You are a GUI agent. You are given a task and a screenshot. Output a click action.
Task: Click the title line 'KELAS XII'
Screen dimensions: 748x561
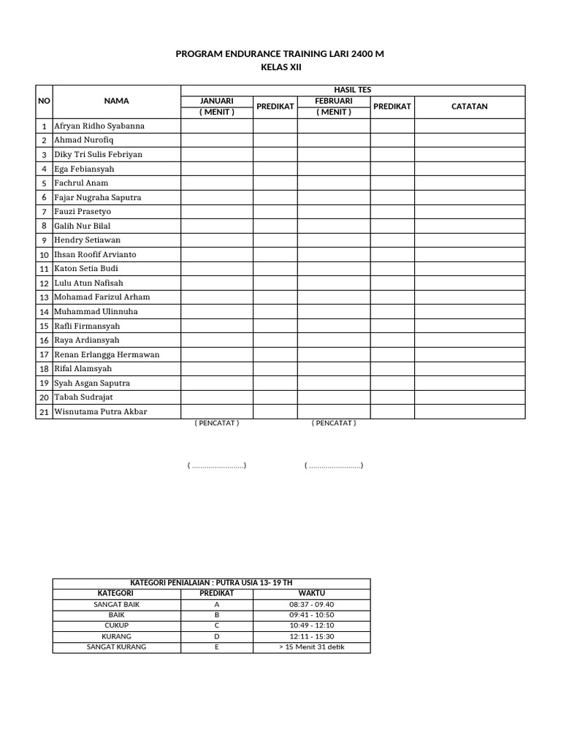pyautogui.click(x=280, y=67)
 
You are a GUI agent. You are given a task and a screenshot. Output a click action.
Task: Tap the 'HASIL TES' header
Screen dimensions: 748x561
pyautogui.click(x=352, y=90)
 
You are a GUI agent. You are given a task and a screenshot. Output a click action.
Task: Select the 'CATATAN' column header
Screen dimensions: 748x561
pyautogui.click(x=470, y=107)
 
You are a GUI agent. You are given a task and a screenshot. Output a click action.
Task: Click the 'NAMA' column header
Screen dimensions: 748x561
pyautogui.click(x=116, y=102)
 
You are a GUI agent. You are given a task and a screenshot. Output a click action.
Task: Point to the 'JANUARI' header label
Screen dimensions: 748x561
pyautogui.click(x=216, y=101)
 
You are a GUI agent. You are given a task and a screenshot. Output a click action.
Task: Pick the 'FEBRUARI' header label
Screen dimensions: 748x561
pyautogui.click(x=333, y=101)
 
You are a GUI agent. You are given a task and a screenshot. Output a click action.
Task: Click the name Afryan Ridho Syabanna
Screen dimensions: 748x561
pyautogui.click(x=99, y=126)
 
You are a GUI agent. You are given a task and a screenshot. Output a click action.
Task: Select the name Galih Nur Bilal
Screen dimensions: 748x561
pyautogui.click(x=83, y=226)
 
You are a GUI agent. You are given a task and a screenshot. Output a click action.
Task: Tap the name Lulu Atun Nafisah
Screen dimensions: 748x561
pyautogui.click(x=88, y=283)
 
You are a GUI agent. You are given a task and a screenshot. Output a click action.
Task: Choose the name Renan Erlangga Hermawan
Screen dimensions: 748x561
pyautogui.click(x=107, y=354)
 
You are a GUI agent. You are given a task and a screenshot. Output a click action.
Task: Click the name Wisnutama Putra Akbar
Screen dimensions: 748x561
pyautogui.click(x=101, y=411)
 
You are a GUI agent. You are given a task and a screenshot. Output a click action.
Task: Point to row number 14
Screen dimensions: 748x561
pyautogui.click(x=44, y=312)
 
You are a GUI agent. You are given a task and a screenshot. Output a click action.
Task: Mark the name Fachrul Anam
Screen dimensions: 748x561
pyautogui.click(x=81, y=183)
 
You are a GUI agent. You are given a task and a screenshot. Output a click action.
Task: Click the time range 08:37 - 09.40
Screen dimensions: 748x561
pyautogui.click(x=311, y=605)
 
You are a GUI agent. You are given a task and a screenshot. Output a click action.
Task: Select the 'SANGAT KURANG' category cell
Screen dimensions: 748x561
pyautogui.click(x=116, y=647)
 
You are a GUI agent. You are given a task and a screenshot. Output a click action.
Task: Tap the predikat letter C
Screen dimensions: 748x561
pyautogui.click(x=216, y=626)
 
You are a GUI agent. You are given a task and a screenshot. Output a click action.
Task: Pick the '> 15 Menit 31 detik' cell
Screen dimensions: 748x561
pyautogui.click(x=311, y=647)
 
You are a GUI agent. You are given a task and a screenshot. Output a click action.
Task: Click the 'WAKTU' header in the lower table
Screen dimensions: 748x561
pyautogui.click(x=311, y=593)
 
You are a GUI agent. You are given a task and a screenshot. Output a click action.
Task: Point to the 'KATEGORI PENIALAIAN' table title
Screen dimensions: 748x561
pyautogui.click(x=211, y=583)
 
